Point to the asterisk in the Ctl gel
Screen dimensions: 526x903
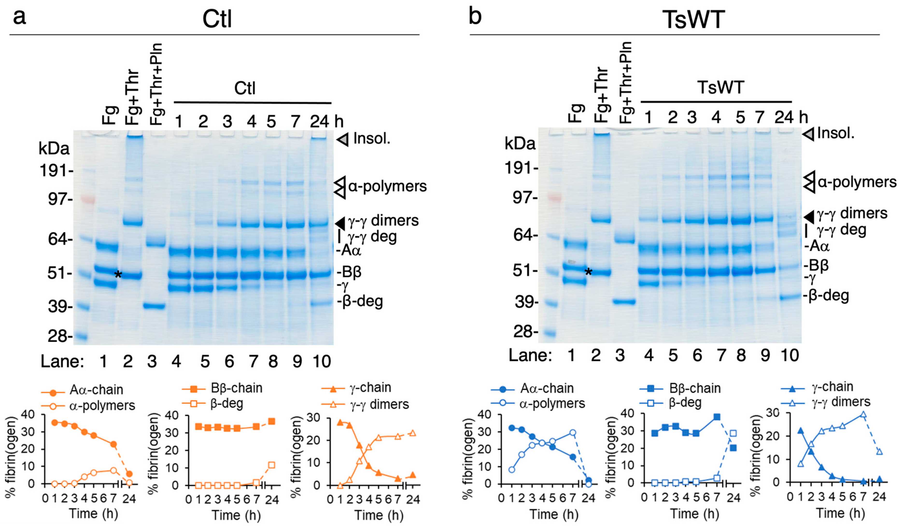coord(118,275)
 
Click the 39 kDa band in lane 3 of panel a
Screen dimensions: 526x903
coord(154,306)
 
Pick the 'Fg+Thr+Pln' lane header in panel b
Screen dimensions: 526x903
coord(626,82)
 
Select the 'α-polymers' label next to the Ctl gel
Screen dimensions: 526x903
coord(387,186)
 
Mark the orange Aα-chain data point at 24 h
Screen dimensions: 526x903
coord(129,474)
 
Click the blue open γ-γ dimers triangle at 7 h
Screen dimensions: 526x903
coord(863,415)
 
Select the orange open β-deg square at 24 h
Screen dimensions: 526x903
coord(272,465)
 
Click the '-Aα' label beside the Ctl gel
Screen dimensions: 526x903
coord(349,250)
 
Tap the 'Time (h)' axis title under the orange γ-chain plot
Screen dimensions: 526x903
coord(379,515)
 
